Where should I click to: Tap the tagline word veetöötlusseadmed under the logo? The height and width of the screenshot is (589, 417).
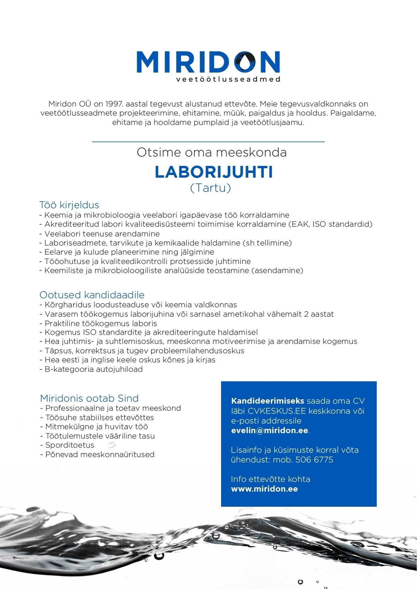pyautogui.click(x=228, y=79)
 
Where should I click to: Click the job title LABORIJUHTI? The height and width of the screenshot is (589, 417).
pyautogui.click(x=213, y=172)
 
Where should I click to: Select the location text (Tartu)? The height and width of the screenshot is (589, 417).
pyautogui.click(x=211, y=188)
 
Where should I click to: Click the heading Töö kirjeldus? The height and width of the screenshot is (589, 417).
pyautogui.click(x=69, y=205)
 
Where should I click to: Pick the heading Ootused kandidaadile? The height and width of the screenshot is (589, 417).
pyautogui.click(x=92, y=295)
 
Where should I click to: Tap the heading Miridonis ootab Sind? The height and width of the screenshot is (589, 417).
pyautogui.click(x=89, y=398)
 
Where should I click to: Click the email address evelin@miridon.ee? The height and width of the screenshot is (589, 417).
pyautogui.click(x=270, y=430)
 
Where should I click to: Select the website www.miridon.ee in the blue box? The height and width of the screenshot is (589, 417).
pyautogui.click(x=264, y=489)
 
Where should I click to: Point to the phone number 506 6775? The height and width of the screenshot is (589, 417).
pyautogui.click(x=314, y=459)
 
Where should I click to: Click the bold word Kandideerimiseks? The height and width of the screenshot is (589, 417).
pyautogui.click(x=268, y=401)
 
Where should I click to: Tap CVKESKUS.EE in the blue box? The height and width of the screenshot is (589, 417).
pyautogui.click(x=277, y=411)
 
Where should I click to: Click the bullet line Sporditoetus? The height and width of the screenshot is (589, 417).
pyautogui.click(x=69, y=445)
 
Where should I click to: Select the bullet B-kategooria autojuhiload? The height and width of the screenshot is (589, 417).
pyautogui.click(x=93, y=369)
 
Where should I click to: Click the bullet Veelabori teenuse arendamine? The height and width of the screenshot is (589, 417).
pyautogui.click(x=102, y=234)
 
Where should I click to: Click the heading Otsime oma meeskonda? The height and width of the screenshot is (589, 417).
pyautogui.click(x=212, y=152)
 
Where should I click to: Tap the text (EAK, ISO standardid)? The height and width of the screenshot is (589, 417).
pyautogui.click(x=330, y=224)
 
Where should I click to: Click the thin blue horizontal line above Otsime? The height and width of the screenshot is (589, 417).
pyautogui.click(x=208, y=142)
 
